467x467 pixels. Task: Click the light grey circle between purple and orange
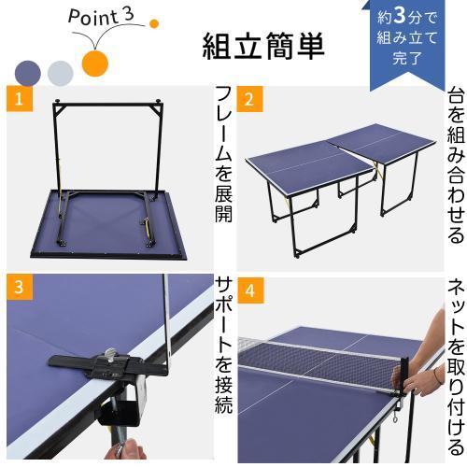[x=61, y=73]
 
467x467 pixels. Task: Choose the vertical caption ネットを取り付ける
[x=455, y=364]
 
